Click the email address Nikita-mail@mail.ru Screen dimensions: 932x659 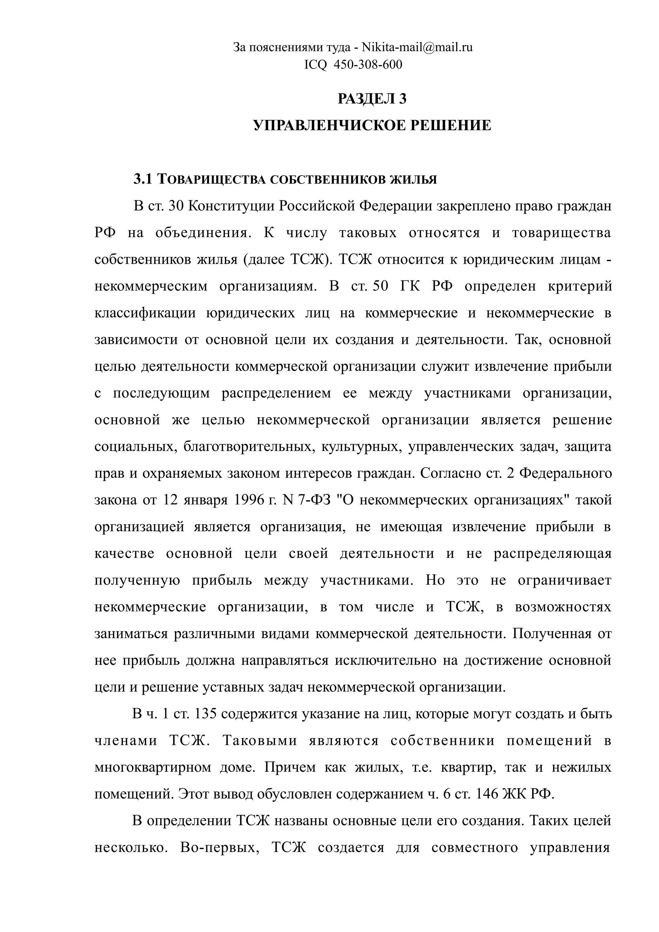[417, 48]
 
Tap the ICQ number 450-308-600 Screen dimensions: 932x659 [367, 65]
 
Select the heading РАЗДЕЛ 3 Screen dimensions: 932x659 [372, 99]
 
